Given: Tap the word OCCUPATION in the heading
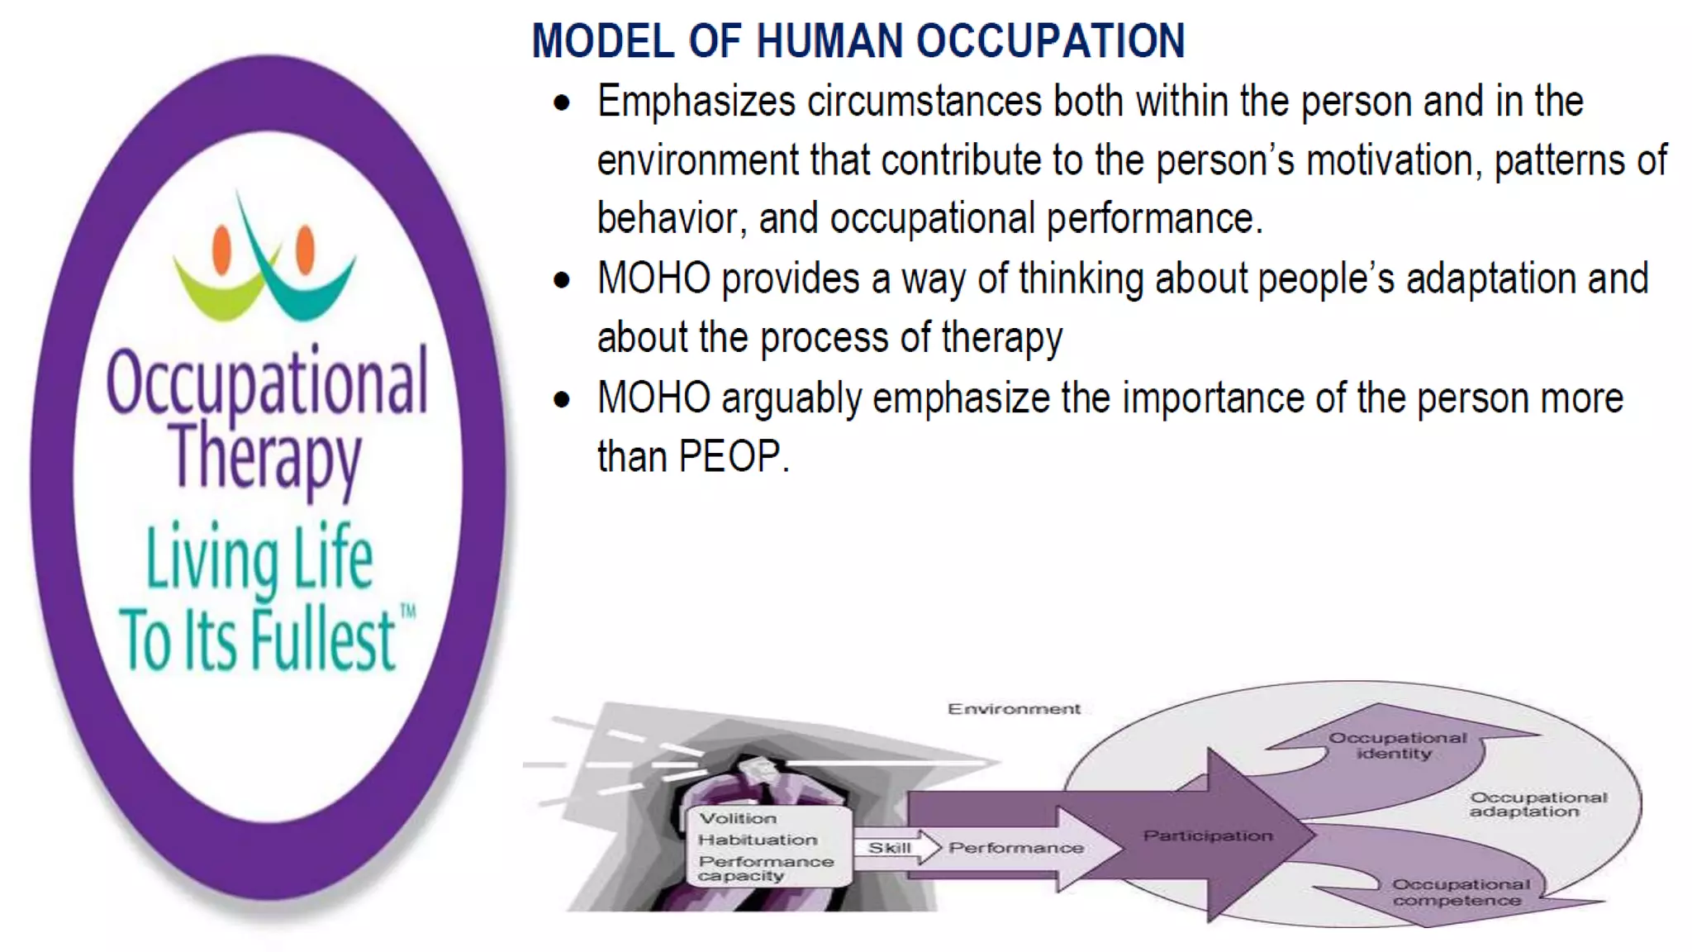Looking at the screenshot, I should click(1050, 41).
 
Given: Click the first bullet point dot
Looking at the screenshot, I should click(563, 104).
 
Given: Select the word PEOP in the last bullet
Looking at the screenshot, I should click(729, 457).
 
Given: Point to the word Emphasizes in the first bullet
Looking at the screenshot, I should click(696, 102).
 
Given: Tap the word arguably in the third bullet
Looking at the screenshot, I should click(791, 399).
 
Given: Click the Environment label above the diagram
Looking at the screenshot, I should click(1014, 709).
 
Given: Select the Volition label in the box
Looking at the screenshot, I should click(738, 818).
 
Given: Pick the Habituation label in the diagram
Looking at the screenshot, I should click(758, 840).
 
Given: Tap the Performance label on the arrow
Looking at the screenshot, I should click(1016, 848).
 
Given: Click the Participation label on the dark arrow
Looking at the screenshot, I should click(1207, 835).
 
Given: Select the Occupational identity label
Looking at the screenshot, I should click(1396, 745).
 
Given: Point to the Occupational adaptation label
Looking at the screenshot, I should click(1537, 804).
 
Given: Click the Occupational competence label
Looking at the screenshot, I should click(1459, 892).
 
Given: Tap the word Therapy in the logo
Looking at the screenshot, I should click(266, 457).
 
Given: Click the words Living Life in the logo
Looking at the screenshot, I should click(259, 559).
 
